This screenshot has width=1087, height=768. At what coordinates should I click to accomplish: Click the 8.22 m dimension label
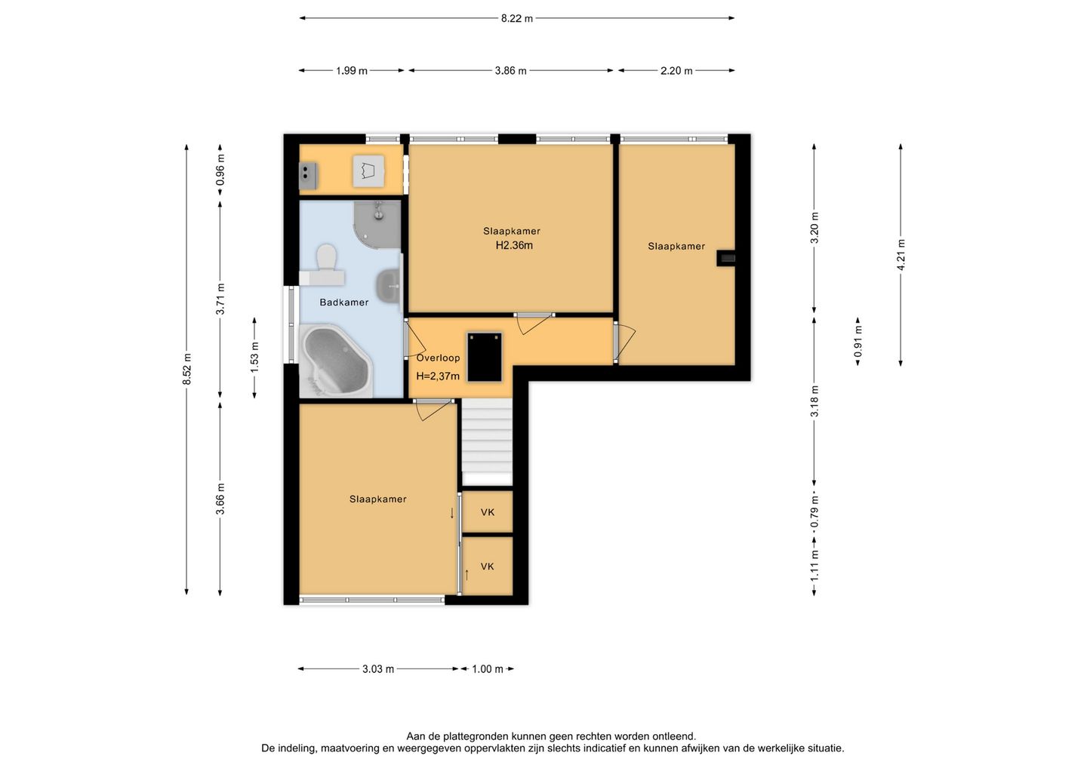[x=517, y=18]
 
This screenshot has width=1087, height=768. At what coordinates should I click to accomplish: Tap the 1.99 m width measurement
[x=352, y=71]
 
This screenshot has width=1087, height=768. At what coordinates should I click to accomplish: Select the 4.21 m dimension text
[x=901, y=255]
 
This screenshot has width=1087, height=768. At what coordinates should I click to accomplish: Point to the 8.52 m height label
[x=187, y=369]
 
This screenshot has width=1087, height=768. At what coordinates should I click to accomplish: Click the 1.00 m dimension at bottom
[x=488, y=669]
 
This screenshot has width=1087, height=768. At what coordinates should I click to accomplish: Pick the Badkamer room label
[x=344, y=303]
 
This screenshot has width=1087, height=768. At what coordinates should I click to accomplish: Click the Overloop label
[x=438, y=358]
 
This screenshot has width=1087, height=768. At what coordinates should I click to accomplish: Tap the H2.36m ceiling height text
[x=514, y=245]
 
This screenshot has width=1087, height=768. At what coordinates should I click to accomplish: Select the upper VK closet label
[x=487, y=512]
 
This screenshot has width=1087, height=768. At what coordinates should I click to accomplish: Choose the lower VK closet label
[x=487, y=567]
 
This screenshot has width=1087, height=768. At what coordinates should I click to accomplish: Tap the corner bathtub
[x=336, y=361]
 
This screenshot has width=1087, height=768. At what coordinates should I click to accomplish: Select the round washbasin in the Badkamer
[x=389, y=286]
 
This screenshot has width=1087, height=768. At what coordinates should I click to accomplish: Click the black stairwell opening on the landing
[x=485, y=357]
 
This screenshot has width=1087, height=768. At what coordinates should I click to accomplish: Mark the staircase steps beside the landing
[x=487, y=441]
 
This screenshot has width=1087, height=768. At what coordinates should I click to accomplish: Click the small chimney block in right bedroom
[x=726, y=259]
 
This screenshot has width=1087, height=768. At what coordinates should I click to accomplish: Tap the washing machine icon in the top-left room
[x=368, y=170]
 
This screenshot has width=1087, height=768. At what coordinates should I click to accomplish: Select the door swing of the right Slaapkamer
[x=625, y=343]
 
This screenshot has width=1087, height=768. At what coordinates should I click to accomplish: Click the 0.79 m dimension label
[x=814, y=512]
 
